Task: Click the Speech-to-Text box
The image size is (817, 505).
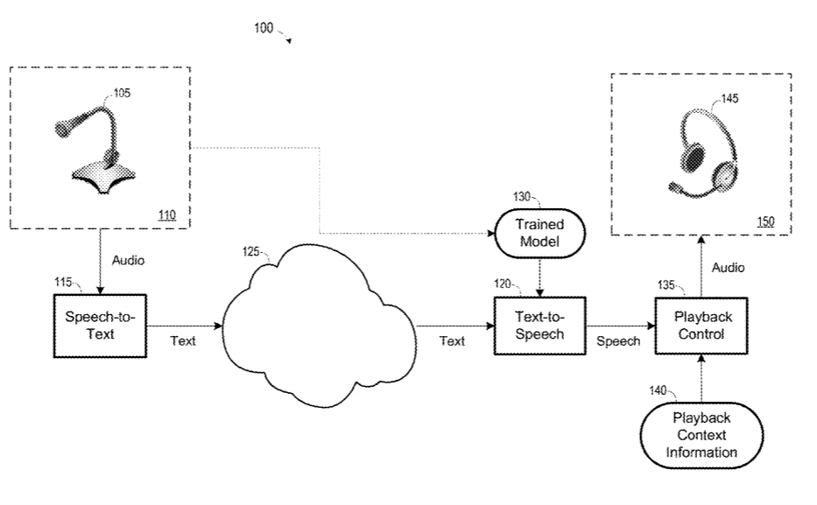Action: coord(95,325)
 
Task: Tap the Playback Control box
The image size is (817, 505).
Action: coord(698,325)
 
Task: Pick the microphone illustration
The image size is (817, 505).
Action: coord(95,146)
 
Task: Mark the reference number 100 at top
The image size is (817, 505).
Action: coord(264,28)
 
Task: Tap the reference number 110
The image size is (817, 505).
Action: coord(167,214)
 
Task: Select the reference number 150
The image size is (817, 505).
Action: coord(765,221)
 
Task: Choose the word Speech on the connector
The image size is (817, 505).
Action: coord(618,341)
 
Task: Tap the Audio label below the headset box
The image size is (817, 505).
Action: coord(727,269)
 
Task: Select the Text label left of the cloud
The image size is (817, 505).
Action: coord(182,340)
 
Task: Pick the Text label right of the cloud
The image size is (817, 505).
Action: coord(452,341)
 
